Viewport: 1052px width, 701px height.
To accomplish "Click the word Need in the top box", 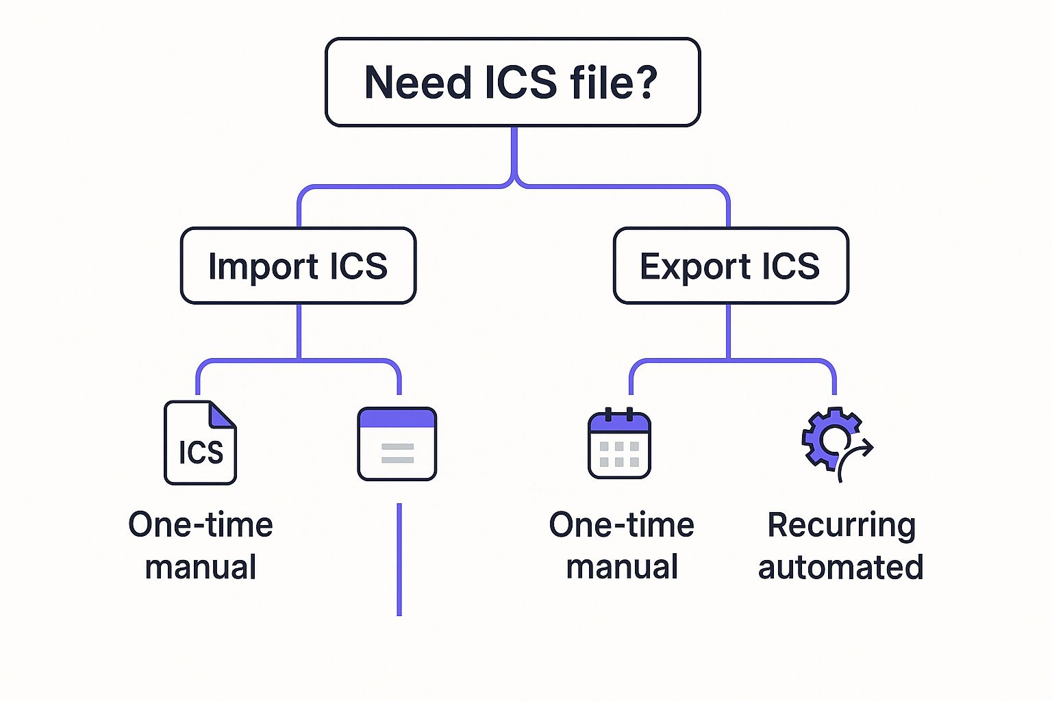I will tap(418, 83).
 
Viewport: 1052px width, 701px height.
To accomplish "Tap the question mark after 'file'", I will tap(644, 83).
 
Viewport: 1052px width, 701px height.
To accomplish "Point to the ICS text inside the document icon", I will tap(201, 453).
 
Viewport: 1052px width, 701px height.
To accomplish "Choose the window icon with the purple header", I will tap(397, 444).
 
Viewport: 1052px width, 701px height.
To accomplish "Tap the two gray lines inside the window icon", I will tap(397, 453).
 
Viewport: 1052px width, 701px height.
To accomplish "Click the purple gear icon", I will tap(828, 437).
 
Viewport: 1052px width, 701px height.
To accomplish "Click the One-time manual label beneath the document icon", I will tap(201, 546).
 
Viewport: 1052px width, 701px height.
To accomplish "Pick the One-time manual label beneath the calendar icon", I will tap(622, 546).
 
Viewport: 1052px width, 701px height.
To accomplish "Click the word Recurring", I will tap(841, 525).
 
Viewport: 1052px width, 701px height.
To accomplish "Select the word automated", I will tap(841, 568).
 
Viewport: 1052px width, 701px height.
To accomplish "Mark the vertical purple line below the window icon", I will tap(399, 559).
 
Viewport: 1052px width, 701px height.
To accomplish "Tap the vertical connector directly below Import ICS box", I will tap(299, 331).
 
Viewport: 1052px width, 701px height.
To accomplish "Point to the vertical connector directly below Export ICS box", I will tap(728, 331).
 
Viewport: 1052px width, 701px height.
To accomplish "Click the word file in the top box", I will tap(600, 83).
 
